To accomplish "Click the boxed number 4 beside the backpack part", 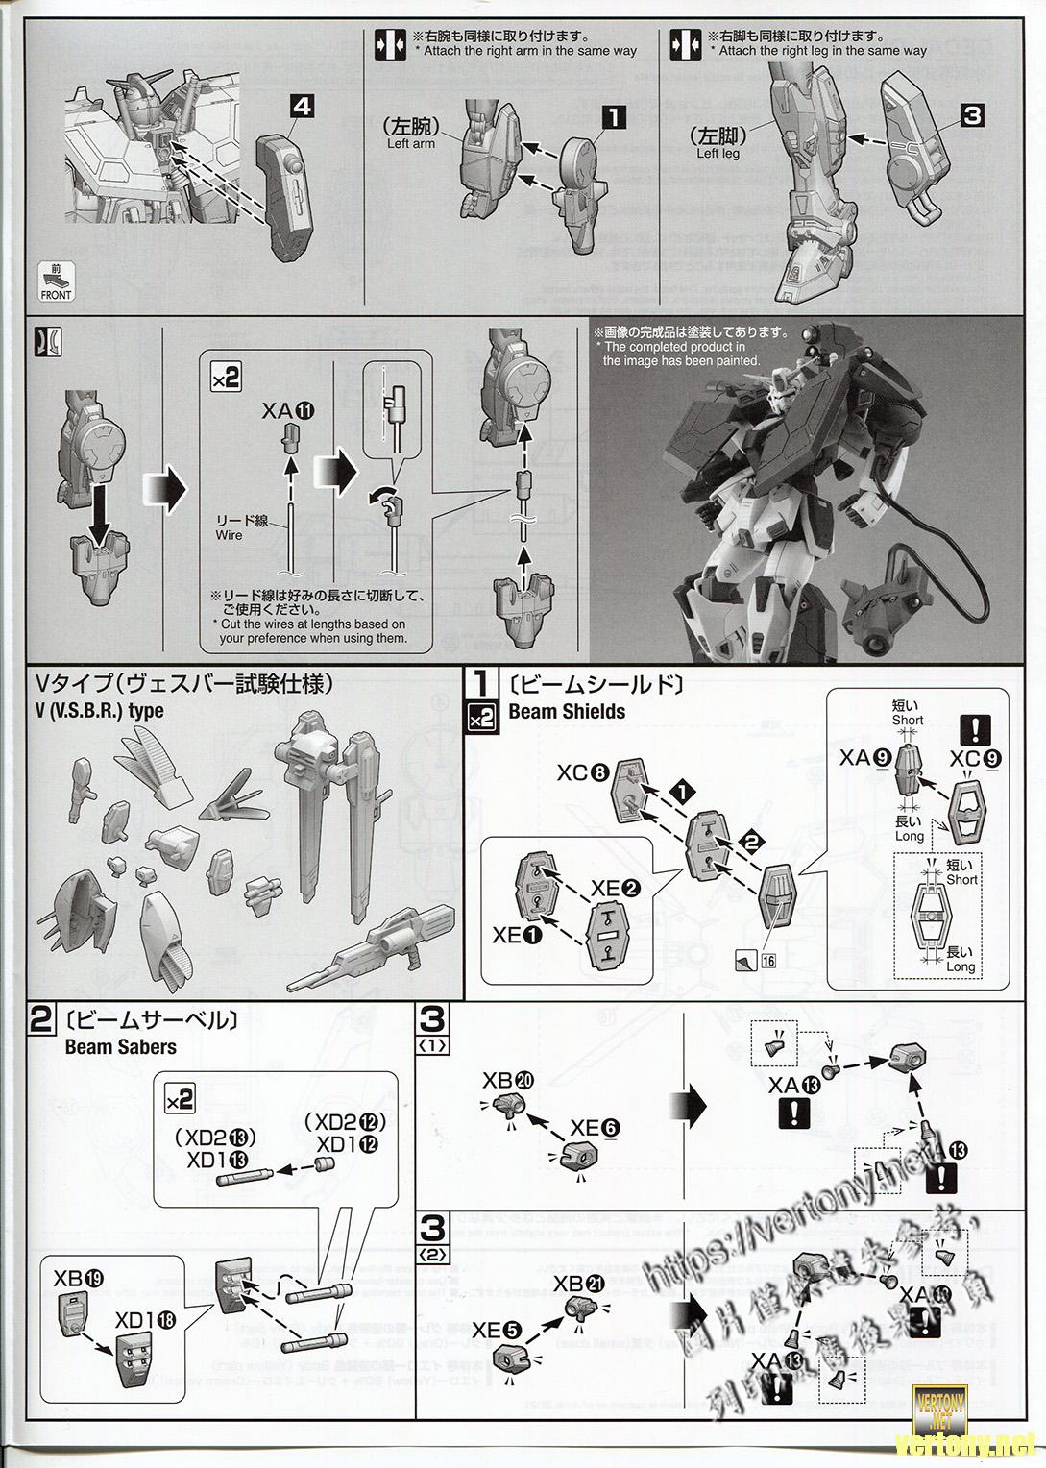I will click(300, 108).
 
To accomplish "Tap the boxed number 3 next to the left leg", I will click(971, 116).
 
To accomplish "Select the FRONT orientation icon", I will click(57, 282).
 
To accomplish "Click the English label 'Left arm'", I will click(410, 143).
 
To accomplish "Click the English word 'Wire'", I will click(229, 534).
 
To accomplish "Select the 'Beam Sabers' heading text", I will click(120, 1046).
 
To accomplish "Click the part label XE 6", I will click(593, 1128).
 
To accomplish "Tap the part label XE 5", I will click(497, 1330).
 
